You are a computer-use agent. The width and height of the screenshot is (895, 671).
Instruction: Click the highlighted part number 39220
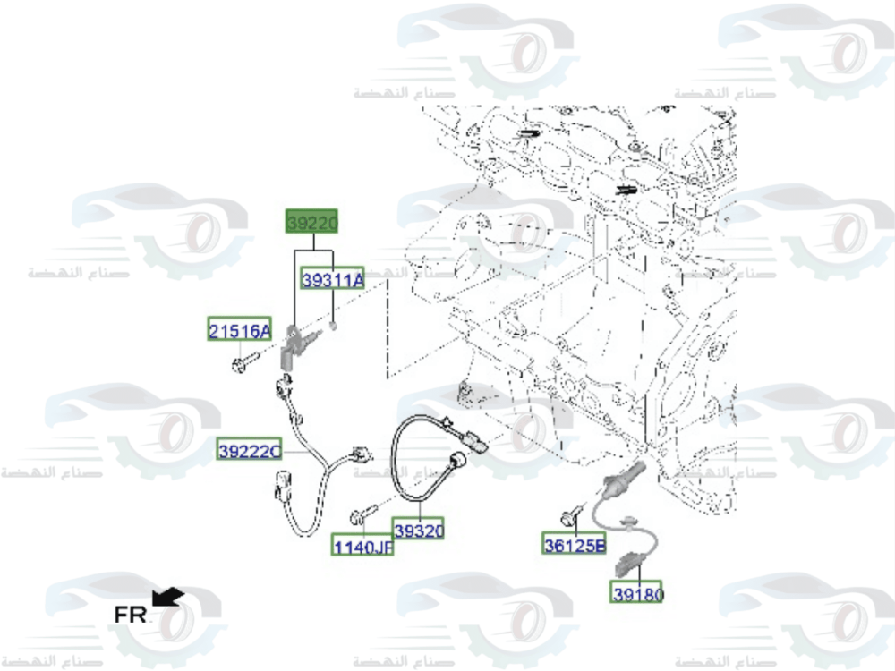(x=311, y=220)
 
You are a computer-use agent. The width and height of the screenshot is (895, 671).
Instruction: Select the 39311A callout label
(x=333, y=280)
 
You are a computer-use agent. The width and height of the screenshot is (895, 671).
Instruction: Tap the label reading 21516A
(x=239, y=331)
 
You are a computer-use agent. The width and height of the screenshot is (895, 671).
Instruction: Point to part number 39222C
(x=249, y=452)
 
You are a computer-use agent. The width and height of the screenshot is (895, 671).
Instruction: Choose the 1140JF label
(x=363, y=544)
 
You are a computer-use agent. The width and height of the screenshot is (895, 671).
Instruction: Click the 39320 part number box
(x=419, y=531)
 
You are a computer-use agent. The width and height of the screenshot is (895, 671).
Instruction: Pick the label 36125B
(x=574, y=543)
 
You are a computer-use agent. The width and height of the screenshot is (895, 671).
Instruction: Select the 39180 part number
(x=638, y=592)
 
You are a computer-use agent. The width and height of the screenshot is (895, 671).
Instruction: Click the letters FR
(x=130, y=615)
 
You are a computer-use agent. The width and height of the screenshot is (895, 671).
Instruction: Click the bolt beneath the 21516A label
(x=243, y=361)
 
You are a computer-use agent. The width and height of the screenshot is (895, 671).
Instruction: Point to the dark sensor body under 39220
(x=292, y=345)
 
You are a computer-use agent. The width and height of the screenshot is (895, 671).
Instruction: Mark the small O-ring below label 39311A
(x=333, y=327)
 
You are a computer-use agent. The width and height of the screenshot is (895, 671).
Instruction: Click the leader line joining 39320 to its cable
(x=419, y=509)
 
